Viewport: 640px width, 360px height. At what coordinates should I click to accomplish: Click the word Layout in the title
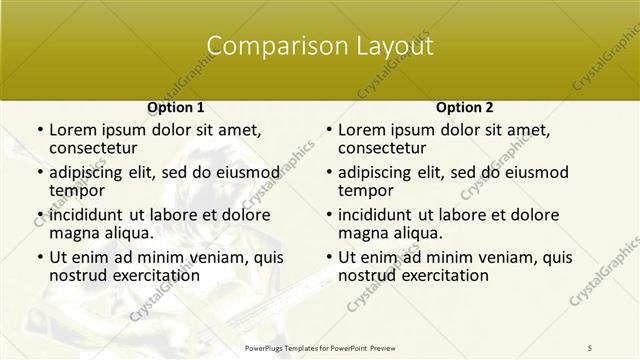[385, 46]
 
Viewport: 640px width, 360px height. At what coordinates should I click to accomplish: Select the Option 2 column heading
[464, 107]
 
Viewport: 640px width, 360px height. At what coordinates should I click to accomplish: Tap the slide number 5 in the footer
[590, 347]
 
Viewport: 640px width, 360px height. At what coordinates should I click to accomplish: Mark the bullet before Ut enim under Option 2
[328, 256]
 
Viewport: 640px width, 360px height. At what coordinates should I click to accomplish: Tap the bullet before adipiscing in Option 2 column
[328, 171]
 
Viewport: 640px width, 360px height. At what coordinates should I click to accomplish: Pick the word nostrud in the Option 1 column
[77, 275]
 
